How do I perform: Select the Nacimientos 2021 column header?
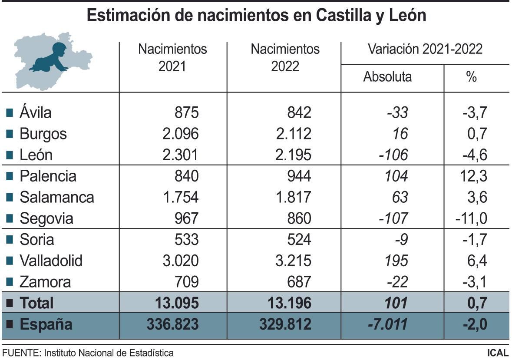[x=172, y=57]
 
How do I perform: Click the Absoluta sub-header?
[x=387, y=77]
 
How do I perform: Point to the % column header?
[x=471, y=77]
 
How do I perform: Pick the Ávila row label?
[x=35, y=112]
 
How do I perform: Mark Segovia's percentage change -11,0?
[x=471, y=218]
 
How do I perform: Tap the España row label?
[x=46, y=324]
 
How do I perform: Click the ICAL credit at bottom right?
[x=498, y=353]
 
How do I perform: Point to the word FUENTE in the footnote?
[x=21, y=353]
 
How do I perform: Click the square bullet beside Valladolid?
[x=10, y=261]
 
